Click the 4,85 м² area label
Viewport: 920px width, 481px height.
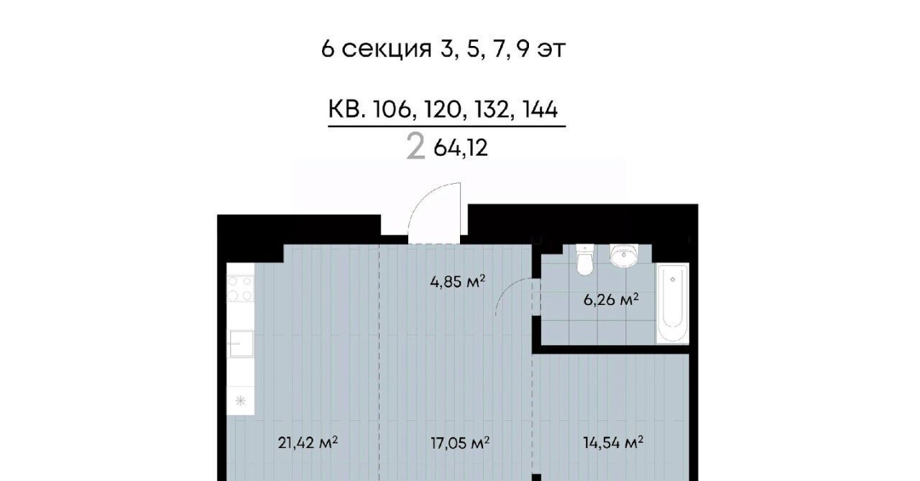pos(458,282)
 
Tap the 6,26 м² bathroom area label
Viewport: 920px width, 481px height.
pos(611,300)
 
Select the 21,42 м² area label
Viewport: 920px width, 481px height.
pos(308,443)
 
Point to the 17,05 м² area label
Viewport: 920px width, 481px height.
pos(460,443)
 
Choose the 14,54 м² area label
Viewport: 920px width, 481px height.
pos(613,443)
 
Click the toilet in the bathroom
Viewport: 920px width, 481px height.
pos(584,259)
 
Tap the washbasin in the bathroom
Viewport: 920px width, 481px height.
pos(624,256)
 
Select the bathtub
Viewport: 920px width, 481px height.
pos(672,303)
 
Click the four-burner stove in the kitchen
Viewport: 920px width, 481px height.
pos(240,289)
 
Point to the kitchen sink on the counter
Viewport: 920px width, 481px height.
pos(241,343)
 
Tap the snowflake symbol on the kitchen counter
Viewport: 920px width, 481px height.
pos(240,400)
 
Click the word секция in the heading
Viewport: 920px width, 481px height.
pos(387,50)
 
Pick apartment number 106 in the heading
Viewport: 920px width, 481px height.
pos(392,110)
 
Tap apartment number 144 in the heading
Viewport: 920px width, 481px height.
pos(540,110)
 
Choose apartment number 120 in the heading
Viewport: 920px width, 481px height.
pos(442,110)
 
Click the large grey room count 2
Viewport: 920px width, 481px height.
pos(415,148)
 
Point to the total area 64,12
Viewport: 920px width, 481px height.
pos(461,148)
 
